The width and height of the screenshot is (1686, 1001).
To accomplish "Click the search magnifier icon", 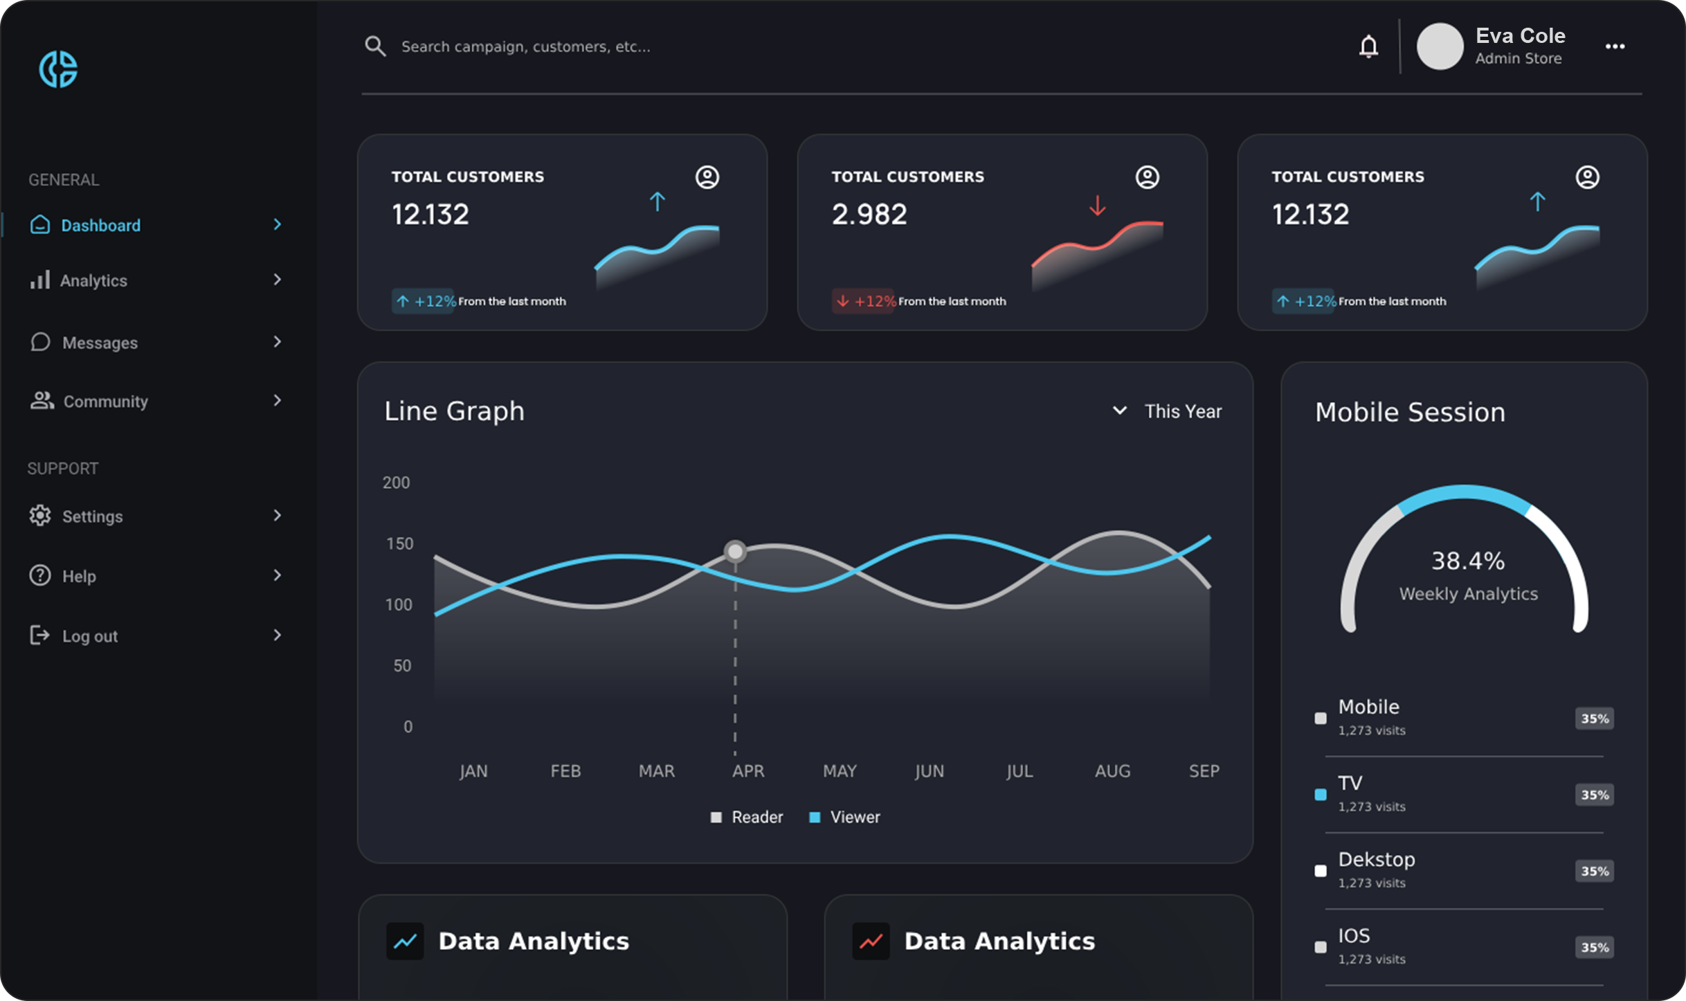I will point(375,46).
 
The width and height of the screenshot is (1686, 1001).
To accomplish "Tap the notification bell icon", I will point(1368,46).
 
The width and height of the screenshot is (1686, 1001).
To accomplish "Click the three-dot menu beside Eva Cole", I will point(1615,46).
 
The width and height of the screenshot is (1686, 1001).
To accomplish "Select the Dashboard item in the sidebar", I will point(100,225).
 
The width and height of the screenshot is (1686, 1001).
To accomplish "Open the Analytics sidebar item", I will point(93,280).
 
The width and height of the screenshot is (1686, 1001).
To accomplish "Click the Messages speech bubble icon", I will point(40,342).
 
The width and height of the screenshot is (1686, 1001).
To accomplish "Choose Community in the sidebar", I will point(105,402).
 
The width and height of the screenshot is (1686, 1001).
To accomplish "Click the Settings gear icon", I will point(40,516).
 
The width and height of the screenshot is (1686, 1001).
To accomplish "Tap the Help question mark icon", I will point(40,575).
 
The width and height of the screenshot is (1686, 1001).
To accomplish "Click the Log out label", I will point(90,636).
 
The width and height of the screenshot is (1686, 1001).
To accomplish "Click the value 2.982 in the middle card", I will point(869,215).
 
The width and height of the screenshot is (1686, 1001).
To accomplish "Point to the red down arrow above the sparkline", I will point(1098,206).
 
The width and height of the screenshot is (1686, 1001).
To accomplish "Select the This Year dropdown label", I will point(1183,411).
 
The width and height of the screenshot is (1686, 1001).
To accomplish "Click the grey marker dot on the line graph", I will point(735,551).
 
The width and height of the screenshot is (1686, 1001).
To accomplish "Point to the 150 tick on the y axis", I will point(399,543).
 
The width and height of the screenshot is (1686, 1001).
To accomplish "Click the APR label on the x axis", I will point(748,771).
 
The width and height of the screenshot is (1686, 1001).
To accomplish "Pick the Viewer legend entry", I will point(855,818).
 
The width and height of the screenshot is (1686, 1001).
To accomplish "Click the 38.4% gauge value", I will point(1467,561).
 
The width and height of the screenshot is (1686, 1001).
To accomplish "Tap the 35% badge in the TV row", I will point(1595,795).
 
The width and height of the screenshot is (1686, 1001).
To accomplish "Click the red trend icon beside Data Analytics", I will point(871,941).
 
